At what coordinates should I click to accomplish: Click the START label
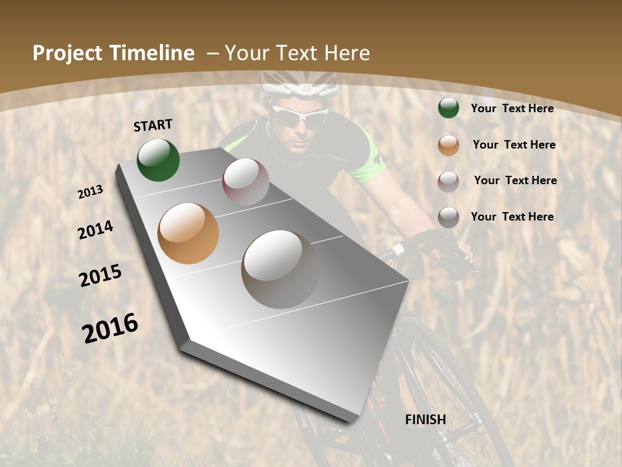(x=153, y=125)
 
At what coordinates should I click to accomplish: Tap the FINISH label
(x=426, y=420)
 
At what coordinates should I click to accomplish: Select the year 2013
(x=91, y=192)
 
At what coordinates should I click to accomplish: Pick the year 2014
(x=95, y=230)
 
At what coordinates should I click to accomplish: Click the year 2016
(x=110, y=328)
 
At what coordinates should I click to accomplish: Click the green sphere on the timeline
(x=158, y=160)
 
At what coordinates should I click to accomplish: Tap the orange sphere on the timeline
(x=189, y=233)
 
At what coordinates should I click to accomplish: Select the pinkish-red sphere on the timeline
(x=246, y=182)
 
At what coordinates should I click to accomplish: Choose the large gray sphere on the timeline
(x=280, y=269)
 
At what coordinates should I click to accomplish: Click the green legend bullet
(x=448, y=108)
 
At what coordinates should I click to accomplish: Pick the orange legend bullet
(x=448, y=145)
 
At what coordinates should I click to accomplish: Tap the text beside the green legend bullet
(x=513, y=108)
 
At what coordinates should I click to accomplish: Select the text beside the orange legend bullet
(x=514, y=145)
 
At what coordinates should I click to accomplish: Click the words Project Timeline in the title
(x=113, y=53)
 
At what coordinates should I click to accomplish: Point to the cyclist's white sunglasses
(x=300, y=117)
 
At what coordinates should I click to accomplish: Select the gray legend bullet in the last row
(x=448, y=217)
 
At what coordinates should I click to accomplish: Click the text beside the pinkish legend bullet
(x=515, y=180)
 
